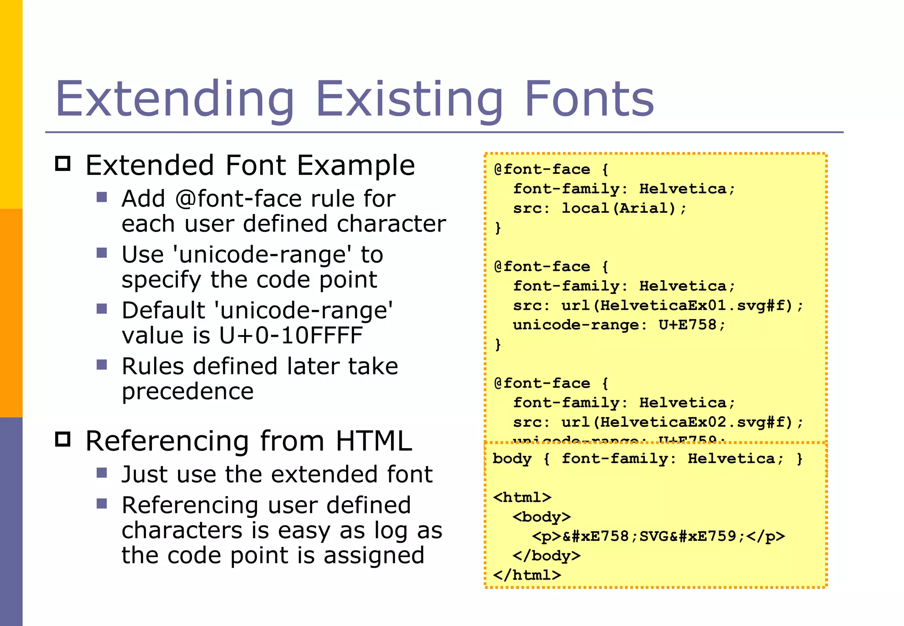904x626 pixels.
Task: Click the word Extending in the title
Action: pyautogui.click(x=174, y=99)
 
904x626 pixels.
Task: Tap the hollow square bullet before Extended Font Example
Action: pyautogui.click(x=63, y=164)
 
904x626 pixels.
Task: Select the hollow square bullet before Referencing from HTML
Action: pyautogui.click(x=63, y=439)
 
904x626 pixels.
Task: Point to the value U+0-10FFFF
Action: pyautogui.click(x=291, y=336)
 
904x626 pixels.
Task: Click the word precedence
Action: pyautogui.click(x=188, y=392)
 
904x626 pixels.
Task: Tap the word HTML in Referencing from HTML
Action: pyautogui.click(x=374, y=441)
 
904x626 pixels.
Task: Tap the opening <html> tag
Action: pyautogui.click(x=522, y=498)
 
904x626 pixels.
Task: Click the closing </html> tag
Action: pyautogui.click(x=527, y=575)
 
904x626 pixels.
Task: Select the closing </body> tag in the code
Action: pyautogui.click(x=546, y=555)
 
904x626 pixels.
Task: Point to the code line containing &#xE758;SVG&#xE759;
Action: pyautogui.click(x=658, y=536)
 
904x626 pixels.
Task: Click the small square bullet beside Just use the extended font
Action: pyautogui.click(x=102, y=473)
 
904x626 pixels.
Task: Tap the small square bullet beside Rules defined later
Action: pyautogui.click(x=102, y=365)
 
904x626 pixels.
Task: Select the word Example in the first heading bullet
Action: pyautogui.click(x=356, y=166)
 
